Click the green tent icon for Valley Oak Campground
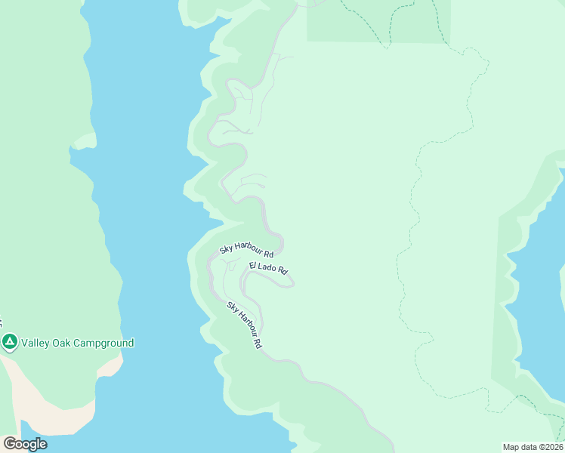[x=9, y=343]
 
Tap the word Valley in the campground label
[x=35, y=343]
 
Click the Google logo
[x=25, y=444]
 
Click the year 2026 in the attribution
[x=551, y=446]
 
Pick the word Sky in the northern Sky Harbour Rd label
[x=225, y=248]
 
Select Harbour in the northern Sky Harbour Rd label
[x=248, y=248]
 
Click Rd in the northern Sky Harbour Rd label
[x=268, y=255]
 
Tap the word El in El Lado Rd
[x=252, y=264]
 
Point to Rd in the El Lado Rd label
[x=282, y=270]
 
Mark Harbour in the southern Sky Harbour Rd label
[x=245, y=324]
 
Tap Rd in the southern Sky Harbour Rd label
[x=258, y=344]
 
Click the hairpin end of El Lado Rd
[x=292, y=284]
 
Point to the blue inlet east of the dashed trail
[x=540, y=302]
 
